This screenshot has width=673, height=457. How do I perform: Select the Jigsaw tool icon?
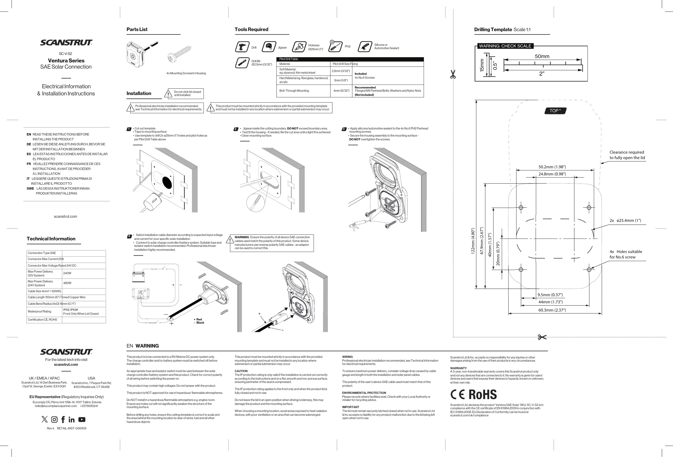pyautogui.click(x=269, y=47)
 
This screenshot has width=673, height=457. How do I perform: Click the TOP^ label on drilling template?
pyautogui.click(x=555, y=111)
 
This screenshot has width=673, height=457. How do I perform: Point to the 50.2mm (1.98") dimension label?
pyautogui.click(x=552, y=167)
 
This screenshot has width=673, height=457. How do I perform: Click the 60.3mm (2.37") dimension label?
pyautogui.click(x=552, y=310)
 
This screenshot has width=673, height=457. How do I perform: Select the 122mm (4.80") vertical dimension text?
pyautogui.click(x=473, y=241)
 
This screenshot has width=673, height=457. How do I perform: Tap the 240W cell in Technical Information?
pyautogui.click(x=67, y=273)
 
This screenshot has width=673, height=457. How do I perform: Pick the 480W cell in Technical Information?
pyautogui.click(x=67, y=283)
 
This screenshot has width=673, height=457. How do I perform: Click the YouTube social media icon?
pyautogui.click(x=82, y=420)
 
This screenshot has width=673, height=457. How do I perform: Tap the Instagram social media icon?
pyautogui.click(x=54, y=420)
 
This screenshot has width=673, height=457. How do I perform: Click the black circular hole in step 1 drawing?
pyautogui.click(x=167, y=182)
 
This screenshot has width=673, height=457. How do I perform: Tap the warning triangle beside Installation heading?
pyautogui.click(x=168, y=94)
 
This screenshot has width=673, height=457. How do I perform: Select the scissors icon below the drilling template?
pyautogui.click(x=542, y=337)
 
